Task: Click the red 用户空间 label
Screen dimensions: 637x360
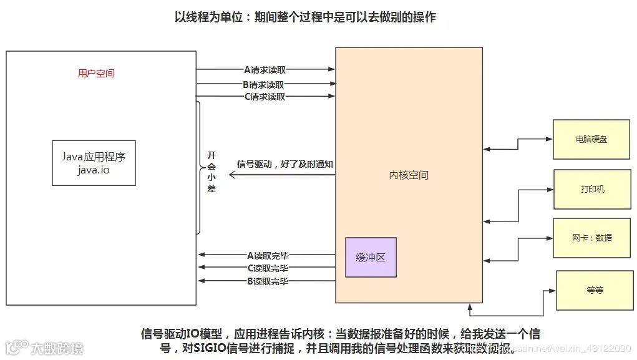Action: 96,73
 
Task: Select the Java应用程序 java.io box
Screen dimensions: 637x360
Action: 94,163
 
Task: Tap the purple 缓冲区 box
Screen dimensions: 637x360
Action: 371,257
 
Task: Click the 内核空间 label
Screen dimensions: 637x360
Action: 409,175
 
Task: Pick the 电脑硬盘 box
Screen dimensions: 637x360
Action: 591,139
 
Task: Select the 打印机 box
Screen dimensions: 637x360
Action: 591,188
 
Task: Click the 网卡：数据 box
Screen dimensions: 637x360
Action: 591,238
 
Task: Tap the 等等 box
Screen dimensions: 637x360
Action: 595,290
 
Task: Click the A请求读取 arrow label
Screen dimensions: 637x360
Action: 265,69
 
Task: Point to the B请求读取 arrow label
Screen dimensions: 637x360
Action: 265,84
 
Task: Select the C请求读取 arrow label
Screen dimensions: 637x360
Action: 265,97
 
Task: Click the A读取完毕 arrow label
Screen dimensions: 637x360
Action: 268,255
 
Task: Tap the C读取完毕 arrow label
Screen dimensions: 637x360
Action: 268,268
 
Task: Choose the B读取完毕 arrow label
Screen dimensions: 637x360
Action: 268,281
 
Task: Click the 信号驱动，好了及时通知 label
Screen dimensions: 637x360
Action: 285,165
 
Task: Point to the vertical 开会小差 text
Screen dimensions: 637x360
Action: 212,171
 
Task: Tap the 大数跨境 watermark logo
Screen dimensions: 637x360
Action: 44,347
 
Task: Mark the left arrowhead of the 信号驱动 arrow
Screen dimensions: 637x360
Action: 231,175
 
